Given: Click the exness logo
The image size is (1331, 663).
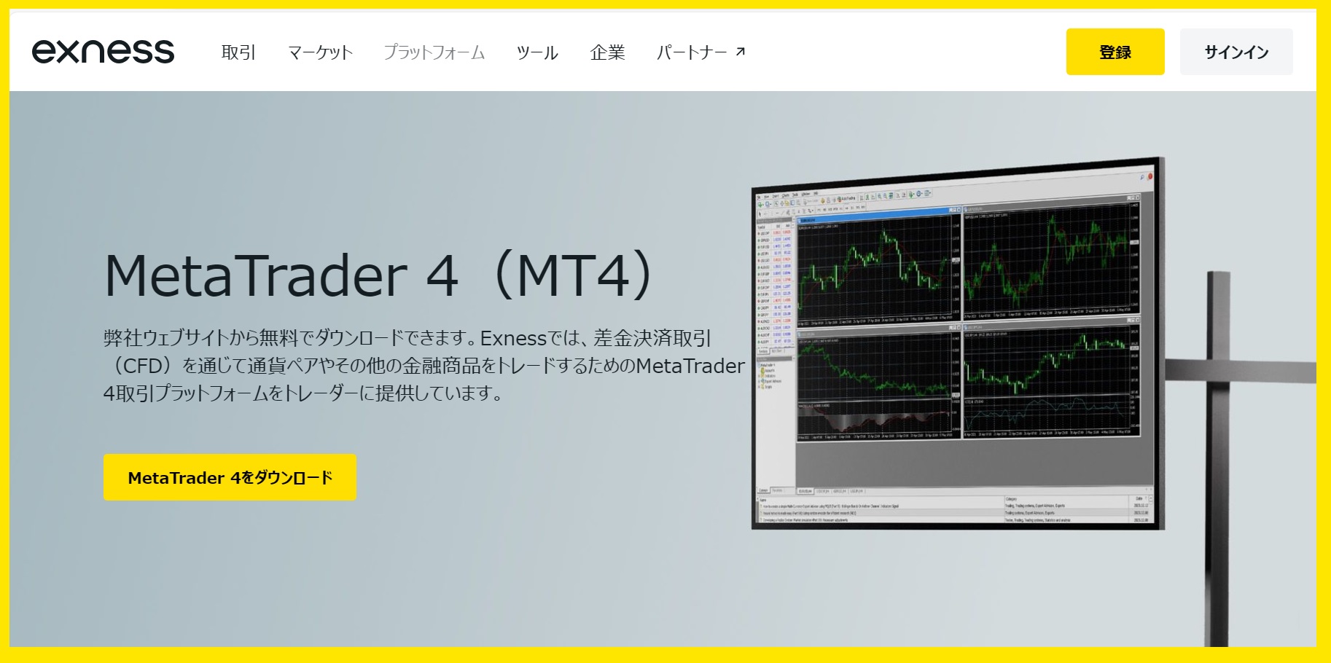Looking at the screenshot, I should click(x=103, y=52).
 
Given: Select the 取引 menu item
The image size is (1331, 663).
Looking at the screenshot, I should click(x=238, y=52).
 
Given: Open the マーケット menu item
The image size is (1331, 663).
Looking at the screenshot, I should click(x=320, y=52).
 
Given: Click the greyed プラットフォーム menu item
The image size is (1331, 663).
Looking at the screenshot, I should click(x=434, y=52).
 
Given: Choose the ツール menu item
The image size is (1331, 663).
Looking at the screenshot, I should click(x=537, y=52).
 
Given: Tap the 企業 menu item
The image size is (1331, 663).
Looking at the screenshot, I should click(x=607, y=52).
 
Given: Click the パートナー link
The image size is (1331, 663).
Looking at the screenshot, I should click(x=692, y=52).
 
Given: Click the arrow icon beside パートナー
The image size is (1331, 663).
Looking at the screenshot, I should click(x=741, y=52).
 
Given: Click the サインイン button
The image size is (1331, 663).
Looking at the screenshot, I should click(x=1236, y=52).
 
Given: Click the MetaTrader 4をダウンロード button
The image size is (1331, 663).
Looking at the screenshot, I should click(x=230, y=477).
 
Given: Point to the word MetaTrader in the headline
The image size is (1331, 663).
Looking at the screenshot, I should click(x=255, y=276).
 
